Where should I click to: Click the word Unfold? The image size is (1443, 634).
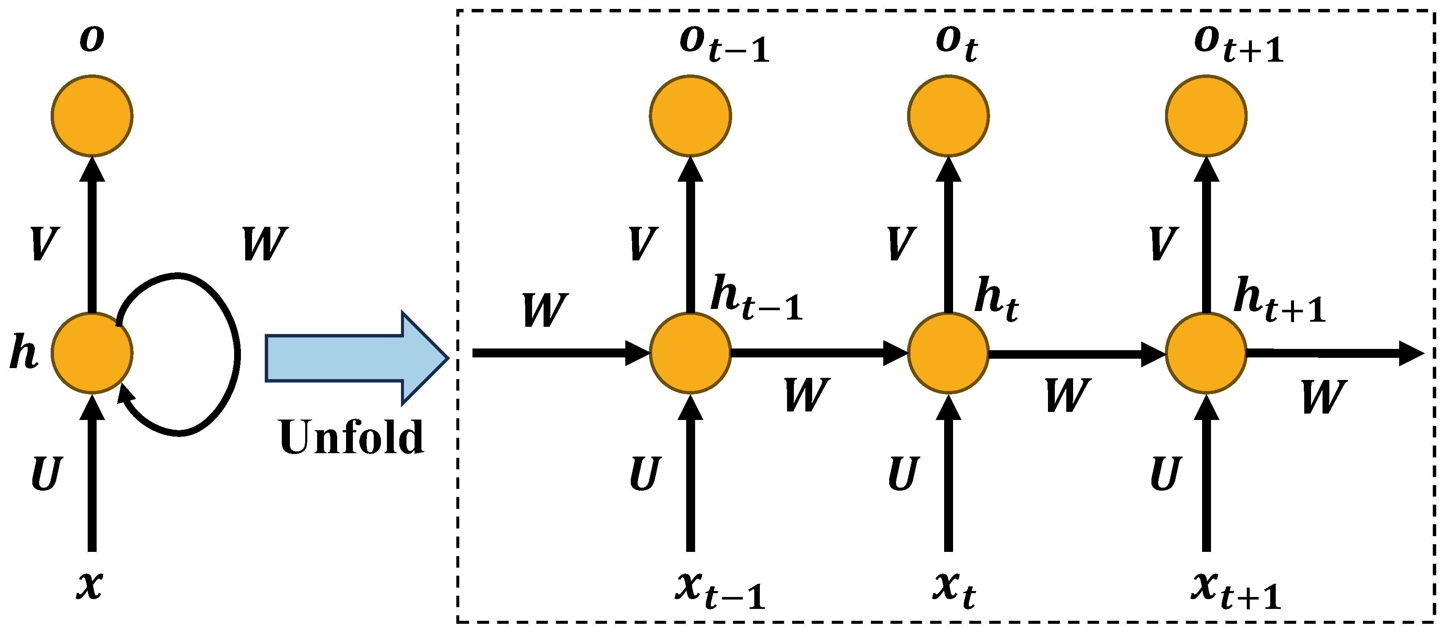tap(351, 437)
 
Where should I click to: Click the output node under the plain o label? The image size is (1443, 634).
tap(92, 116)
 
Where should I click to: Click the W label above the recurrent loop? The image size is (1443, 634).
tap(264, 244)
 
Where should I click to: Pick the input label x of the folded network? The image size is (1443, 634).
tap(90, 585)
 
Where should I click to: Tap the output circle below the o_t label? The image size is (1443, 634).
tap(948, 116)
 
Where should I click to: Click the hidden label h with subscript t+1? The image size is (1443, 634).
tap(1279, 300)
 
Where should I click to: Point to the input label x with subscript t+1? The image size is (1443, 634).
tap(1236, 591)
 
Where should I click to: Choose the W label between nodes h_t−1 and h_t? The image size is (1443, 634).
tap(806, 395)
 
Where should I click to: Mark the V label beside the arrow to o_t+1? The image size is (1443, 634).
tap(1163, 244)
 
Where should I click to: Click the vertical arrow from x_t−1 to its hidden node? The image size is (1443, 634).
tap(690, 476)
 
